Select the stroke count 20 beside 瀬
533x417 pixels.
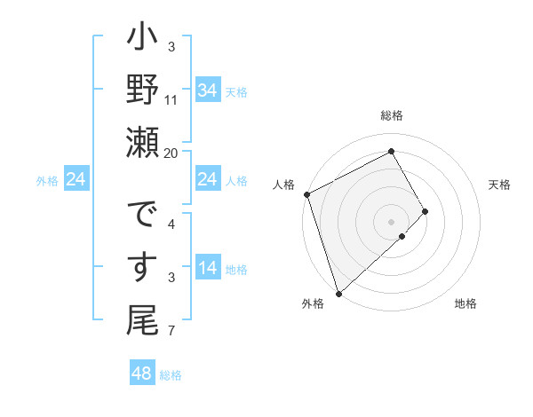point(171,153)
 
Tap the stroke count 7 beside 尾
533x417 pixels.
point(171,332)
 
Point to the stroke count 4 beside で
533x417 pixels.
point(171,224)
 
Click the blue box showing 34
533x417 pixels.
point(207,90)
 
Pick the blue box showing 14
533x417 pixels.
point(207,268)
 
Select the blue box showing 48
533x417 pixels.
point(142,374)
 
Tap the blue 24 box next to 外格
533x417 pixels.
point(76,180)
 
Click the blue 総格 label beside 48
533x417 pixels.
point(171,375)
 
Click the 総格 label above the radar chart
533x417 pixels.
point(392,115)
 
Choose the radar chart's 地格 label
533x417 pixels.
point(465,304)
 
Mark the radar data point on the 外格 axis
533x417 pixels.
point(338,293)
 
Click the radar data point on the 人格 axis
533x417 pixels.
point(306,193)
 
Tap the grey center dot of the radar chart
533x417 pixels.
point(391,220)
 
